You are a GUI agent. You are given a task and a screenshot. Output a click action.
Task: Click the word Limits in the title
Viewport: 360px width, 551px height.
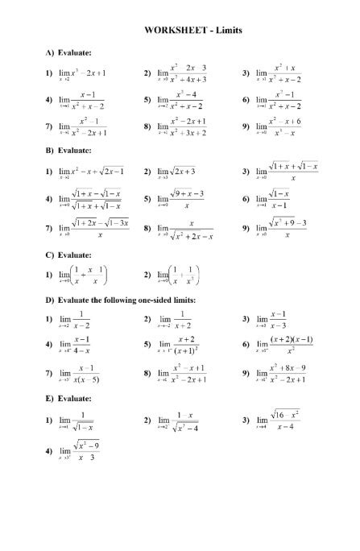[x=229, y=31]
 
